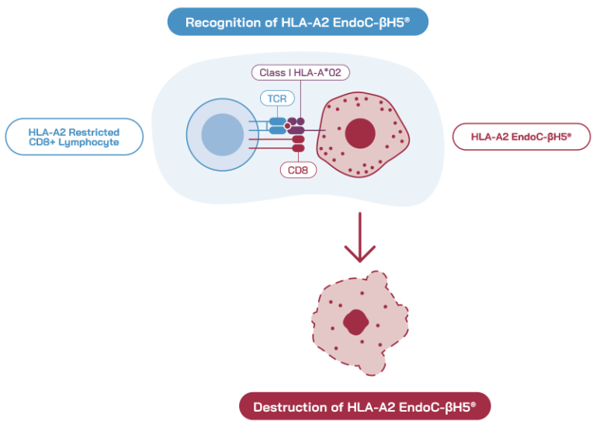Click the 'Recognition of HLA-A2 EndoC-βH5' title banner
(x=298, y=22)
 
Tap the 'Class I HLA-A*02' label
(x=300, y=72)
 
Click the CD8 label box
(x=298, y=169)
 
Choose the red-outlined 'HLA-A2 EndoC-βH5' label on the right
(x=521, y=137)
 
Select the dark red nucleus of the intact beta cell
(x=360, y=133)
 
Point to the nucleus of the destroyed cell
(x=355, y=321)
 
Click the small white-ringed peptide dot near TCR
(x=288, y=125)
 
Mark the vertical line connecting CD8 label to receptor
(x=298, y=156)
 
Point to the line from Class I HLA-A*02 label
(x=300, y=97)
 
